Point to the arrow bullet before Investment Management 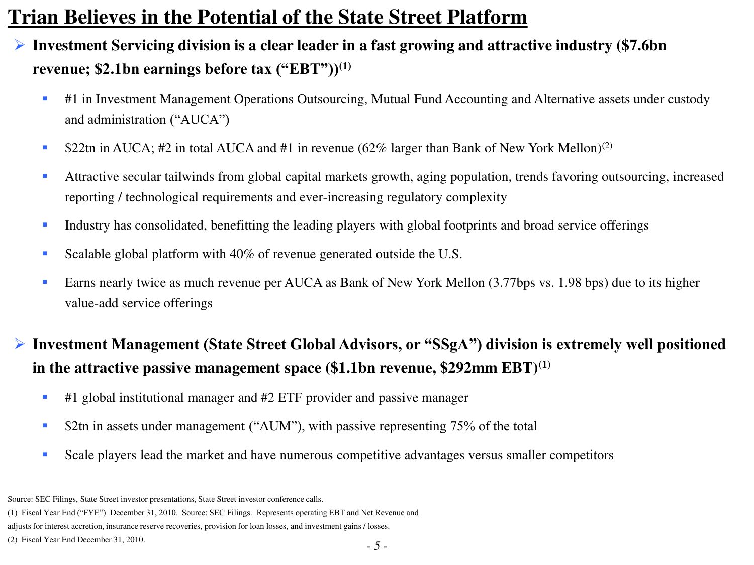click(x=20, y=344)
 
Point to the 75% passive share click(x=462, y=426)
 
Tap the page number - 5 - click(x=377, y=546)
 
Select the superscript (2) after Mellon click(x=607, y=146)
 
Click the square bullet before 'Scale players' click(x=45, y=454)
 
